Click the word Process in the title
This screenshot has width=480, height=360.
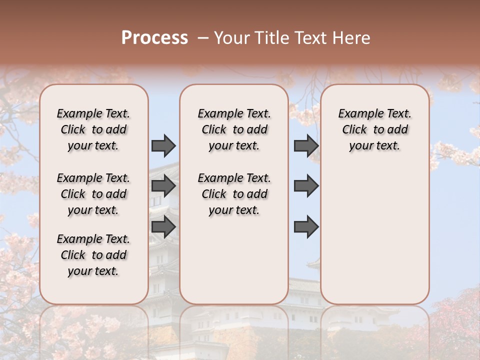coord(154,38)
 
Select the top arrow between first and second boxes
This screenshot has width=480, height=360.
coord(163,145)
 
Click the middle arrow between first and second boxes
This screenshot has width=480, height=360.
coord(163,186)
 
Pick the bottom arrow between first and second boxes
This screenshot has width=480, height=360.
coord(163,226)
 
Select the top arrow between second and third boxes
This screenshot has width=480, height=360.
coord(306,145)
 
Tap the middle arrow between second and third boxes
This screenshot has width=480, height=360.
coord(306,186)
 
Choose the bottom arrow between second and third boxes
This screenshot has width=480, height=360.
coord(306,226)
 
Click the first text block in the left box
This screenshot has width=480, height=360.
coord(93,129)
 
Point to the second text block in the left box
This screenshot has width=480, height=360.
coord(93,194)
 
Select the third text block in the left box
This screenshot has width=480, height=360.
coord(93,255)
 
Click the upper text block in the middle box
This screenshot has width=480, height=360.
coord(234,129)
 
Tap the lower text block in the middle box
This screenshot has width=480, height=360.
coord(234,194)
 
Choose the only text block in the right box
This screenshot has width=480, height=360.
coord(374,129)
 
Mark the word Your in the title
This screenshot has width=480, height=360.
coord(232,38)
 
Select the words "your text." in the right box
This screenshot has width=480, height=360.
coord(374,146)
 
